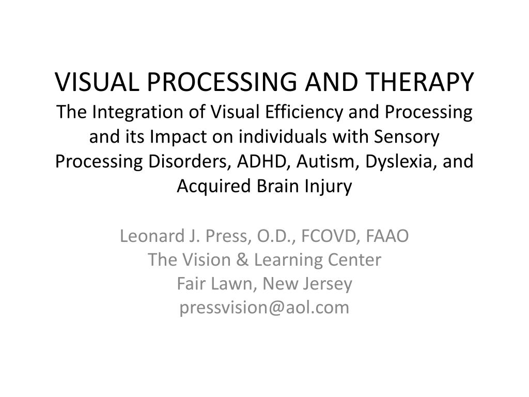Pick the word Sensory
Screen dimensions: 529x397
406,137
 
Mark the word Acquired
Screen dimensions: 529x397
214,186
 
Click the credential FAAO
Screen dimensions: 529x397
387,236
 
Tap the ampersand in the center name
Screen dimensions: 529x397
242,260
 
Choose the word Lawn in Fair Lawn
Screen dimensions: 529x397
232,284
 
